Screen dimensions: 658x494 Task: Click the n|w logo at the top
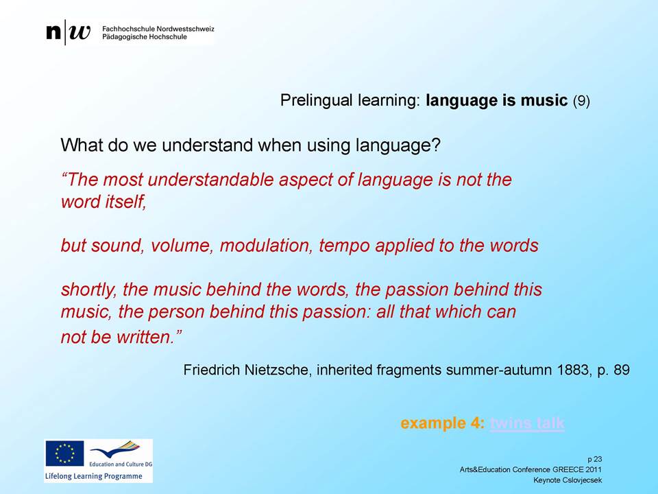69,32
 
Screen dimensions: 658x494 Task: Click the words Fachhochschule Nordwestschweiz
158,29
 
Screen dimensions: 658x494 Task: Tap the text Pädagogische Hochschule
145,37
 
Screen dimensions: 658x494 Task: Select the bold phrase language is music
496,100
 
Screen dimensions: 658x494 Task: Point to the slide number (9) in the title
581,101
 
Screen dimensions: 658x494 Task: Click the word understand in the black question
208,145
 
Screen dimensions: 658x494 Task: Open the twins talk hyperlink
527,423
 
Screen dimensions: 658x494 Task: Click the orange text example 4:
442,423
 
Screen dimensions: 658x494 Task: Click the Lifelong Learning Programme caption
94,476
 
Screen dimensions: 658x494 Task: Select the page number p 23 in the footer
595,459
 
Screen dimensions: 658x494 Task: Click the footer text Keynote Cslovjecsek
568,480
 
